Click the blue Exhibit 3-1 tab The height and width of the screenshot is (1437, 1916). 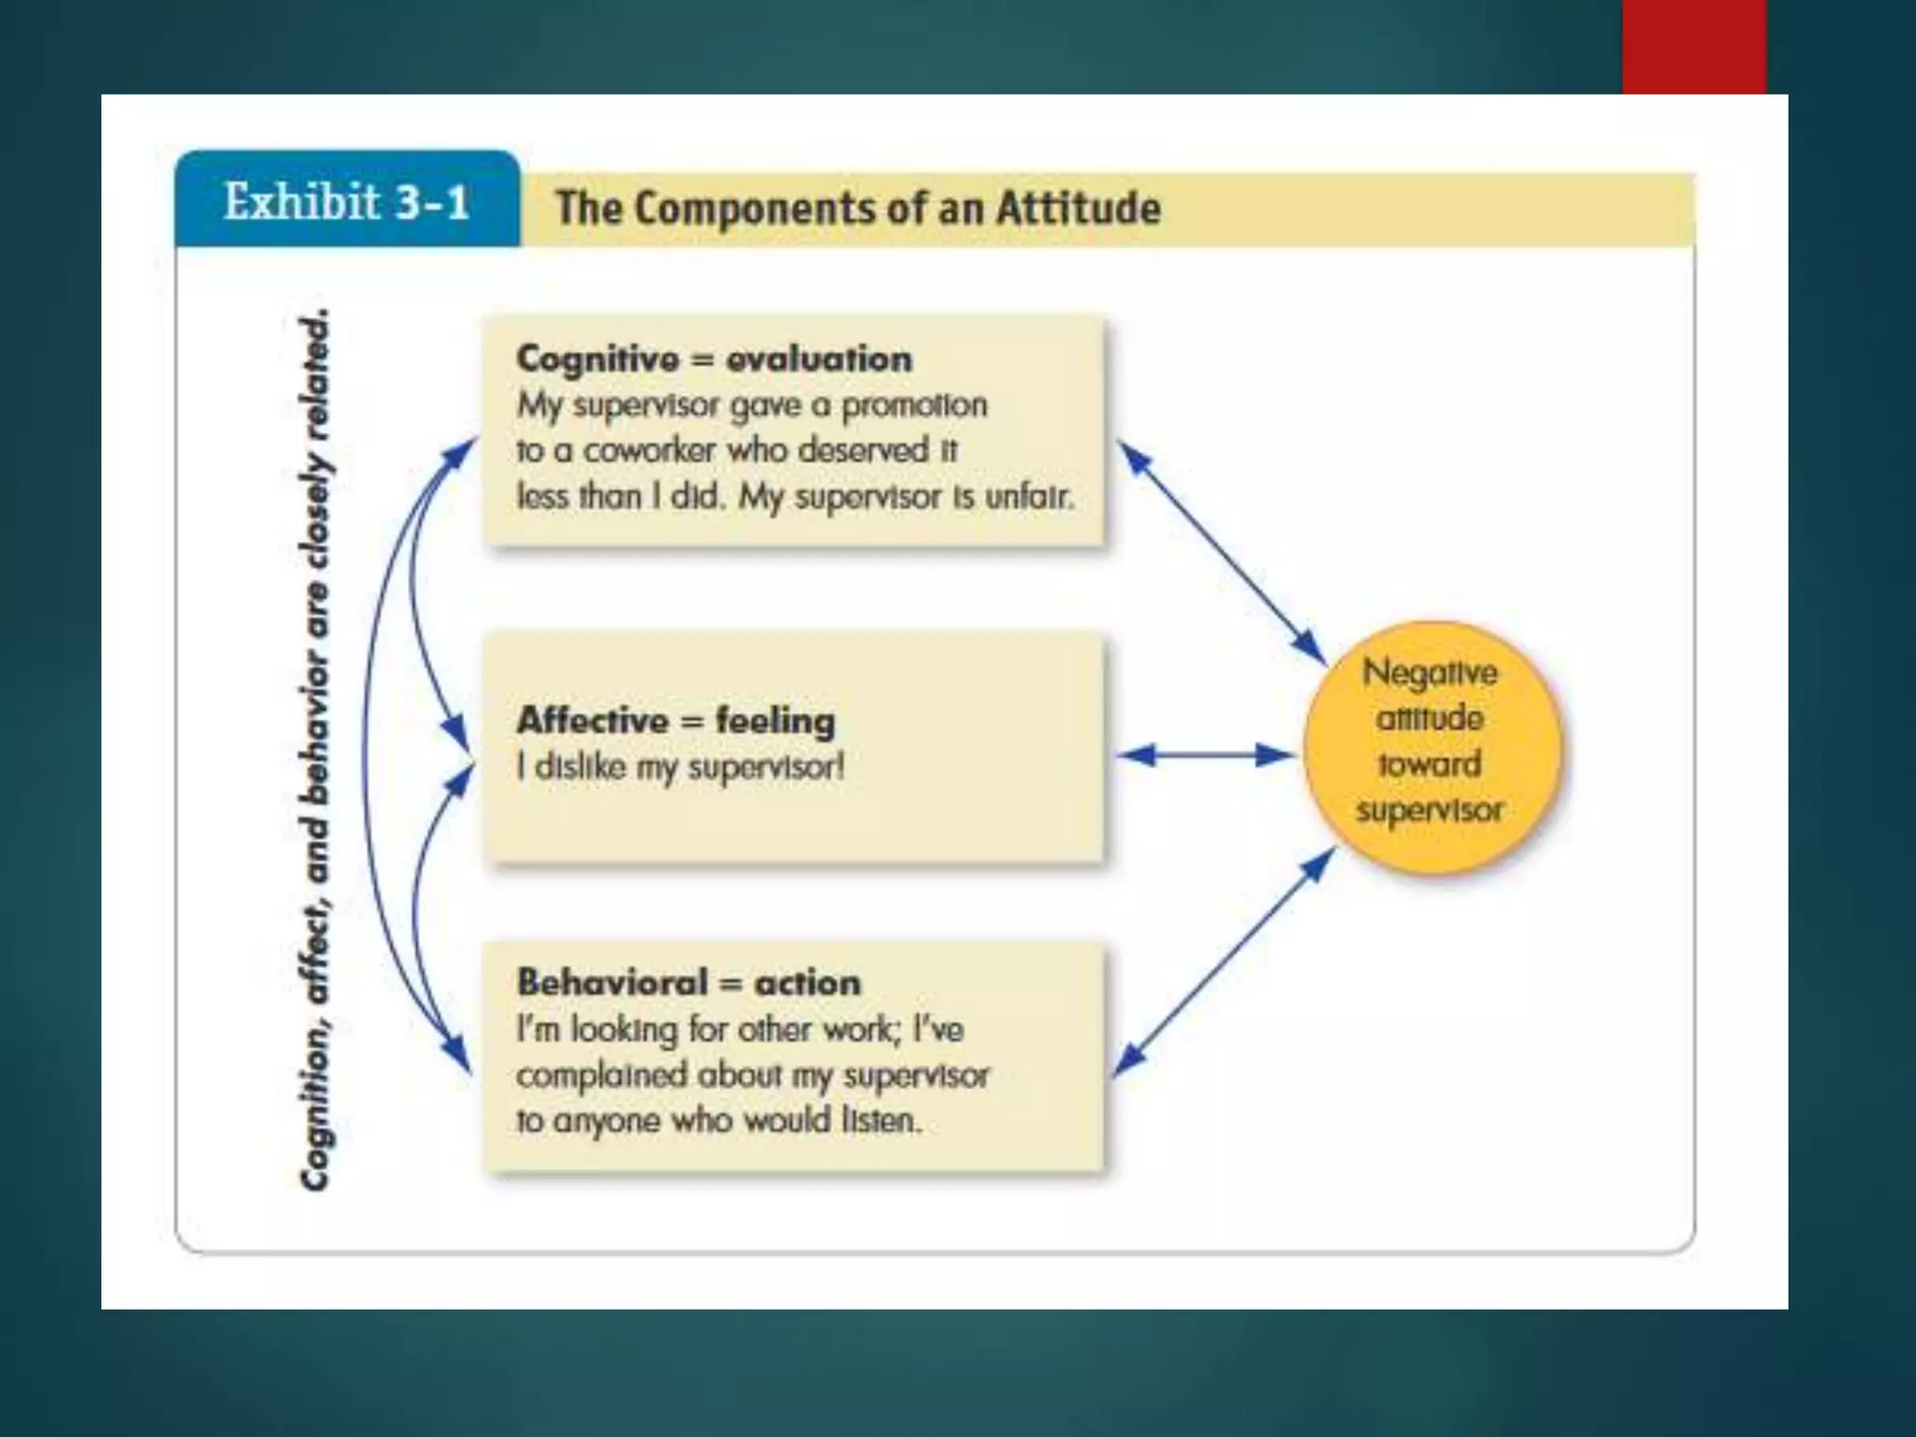coord(347,200)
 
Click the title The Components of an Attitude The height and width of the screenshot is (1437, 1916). coord(858,208)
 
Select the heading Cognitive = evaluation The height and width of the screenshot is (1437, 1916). coord(714,359)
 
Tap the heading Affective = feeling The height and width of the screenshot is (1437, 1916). coord(675,720)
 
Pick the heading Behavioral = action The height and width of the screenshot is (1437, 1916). coord(689,983)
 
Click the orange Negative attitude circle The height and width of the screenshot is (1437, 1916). coord(1431,748)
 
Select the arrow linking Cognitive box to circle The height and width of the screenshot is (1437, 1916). coord(1221,553)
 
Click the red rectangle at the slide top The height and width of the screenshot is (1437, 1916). coord(1693,47)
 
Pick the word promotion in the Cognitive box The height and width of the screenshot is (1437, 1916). coord(914,406)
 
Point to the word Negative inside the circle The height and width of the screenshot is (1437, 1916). coord(1430,673)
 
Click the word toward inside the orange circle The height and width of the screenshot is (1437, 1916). coord(1430,764)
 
